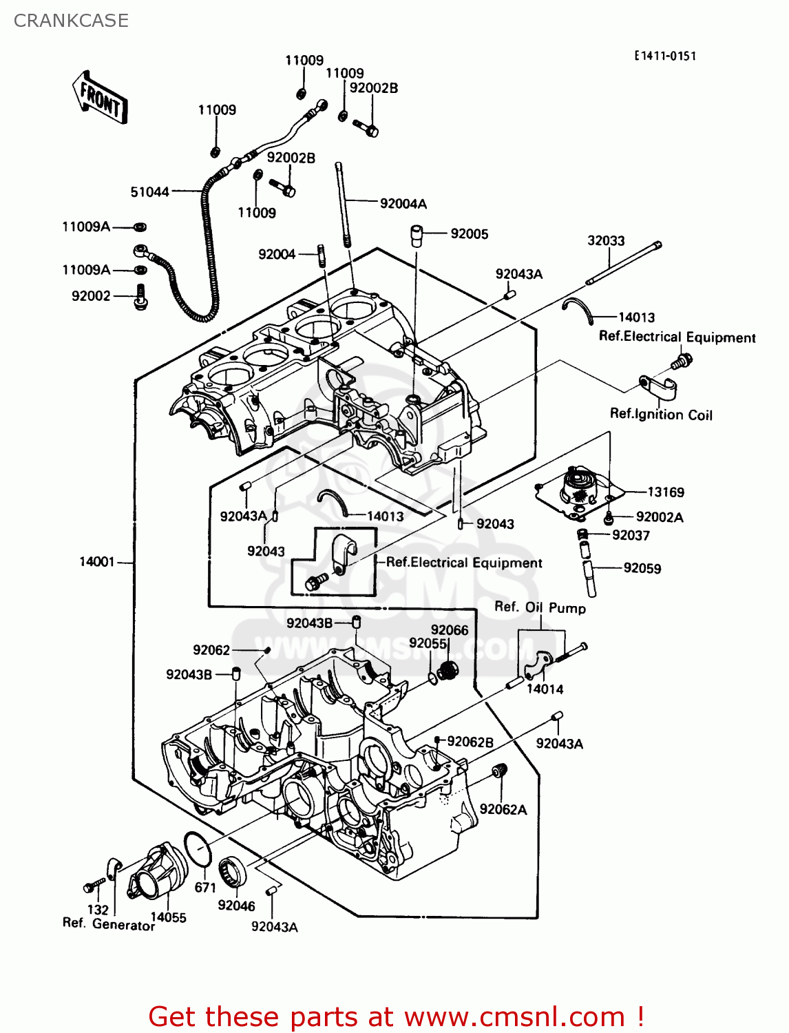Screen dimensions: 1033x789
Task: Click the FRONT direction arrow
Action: [100, 98]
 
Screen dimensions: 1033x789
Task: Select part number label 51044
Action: [149, 192]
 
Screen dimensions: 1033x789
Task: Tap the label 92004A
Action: [403, 204]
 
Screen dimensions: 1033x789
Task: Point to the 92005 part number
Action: [470, 234]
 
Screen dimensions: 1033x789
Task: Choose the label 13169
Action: [666, 492]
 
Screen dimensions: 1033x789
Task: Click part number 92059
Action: [642, 569]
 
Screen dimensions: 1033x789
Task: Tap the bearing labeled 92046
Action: [233, 873]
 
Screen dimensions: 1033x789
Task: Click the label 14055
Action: [168, 917]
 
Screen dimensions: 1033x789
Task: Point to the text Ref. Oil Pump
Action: [540, 607]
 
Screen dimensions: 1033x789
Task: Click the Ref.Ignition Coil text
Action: [661, 415]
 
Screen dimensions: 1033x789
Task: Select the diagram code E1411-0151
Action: [665, 56]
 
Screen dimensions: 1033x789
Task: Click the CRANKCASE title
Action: [71, 21]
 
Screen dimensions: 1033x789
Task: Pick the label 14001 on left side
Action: [96, 562]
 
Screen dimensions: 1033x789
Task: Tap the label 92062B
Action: [470, 742]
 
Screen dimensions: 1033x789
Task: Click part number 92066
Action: [450, 630]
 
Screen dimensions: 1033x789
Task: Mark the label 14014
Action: [545, 689]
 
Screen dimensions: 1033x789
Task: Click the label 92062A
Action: [503, 810]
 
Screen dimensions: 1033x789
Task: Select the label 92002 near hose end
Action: [91, 296]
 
